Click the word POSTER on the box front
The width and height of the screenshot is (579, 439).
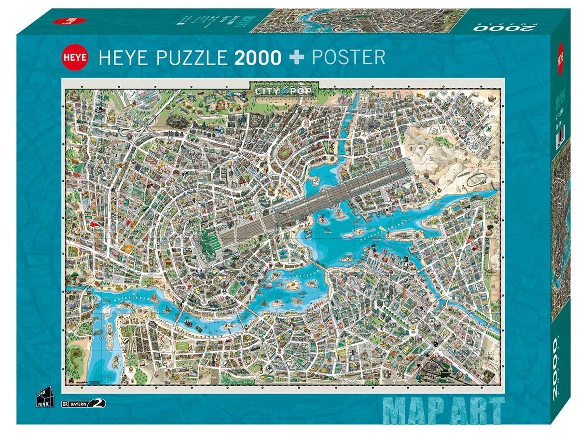(348, 57)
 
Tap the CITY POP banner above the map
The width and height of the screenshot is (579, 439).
(284, 90)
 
